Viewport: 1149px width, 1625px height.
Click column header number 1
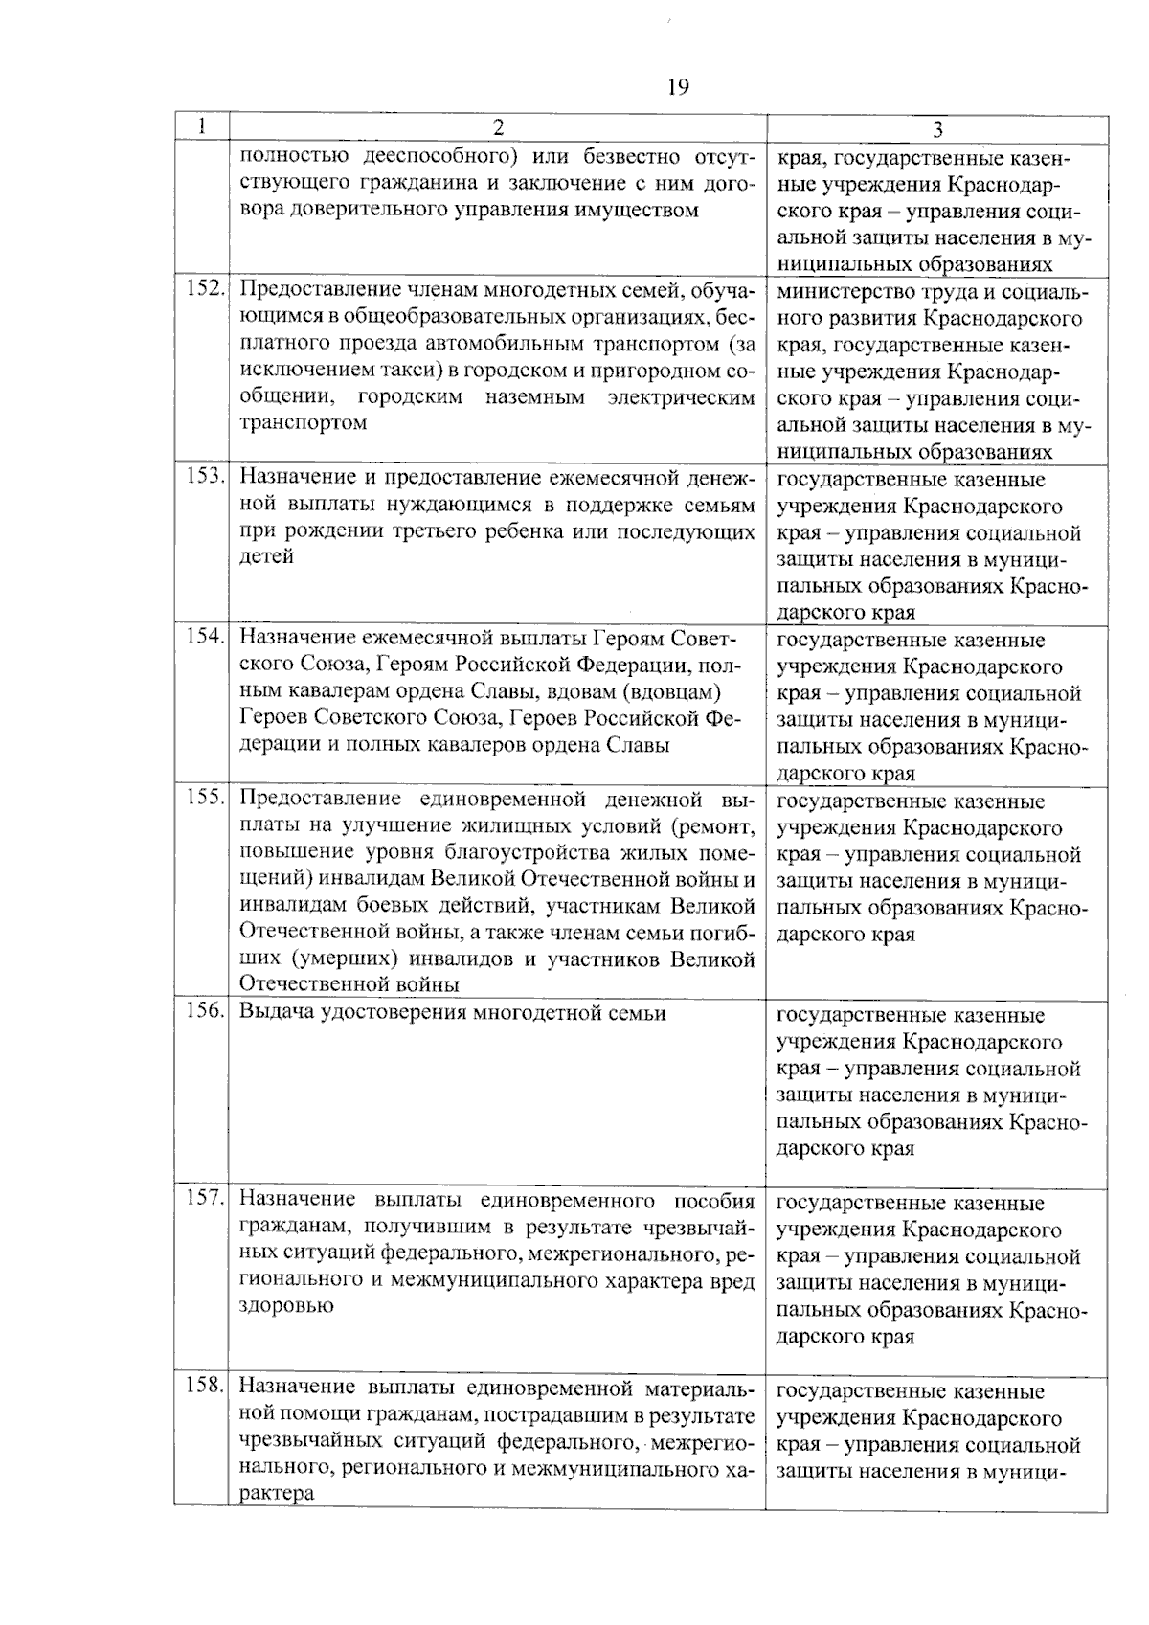tap(202, 126)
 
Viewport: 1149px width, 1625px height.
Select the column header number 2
tap(498, 127)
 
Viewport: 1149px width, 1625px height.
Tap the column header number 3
tap(937, 128)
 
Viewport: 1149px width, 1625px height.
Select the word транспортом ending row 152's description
tap(303, 423)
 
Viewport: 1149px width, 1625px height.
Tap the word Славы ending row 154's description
tap(640, 744)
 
